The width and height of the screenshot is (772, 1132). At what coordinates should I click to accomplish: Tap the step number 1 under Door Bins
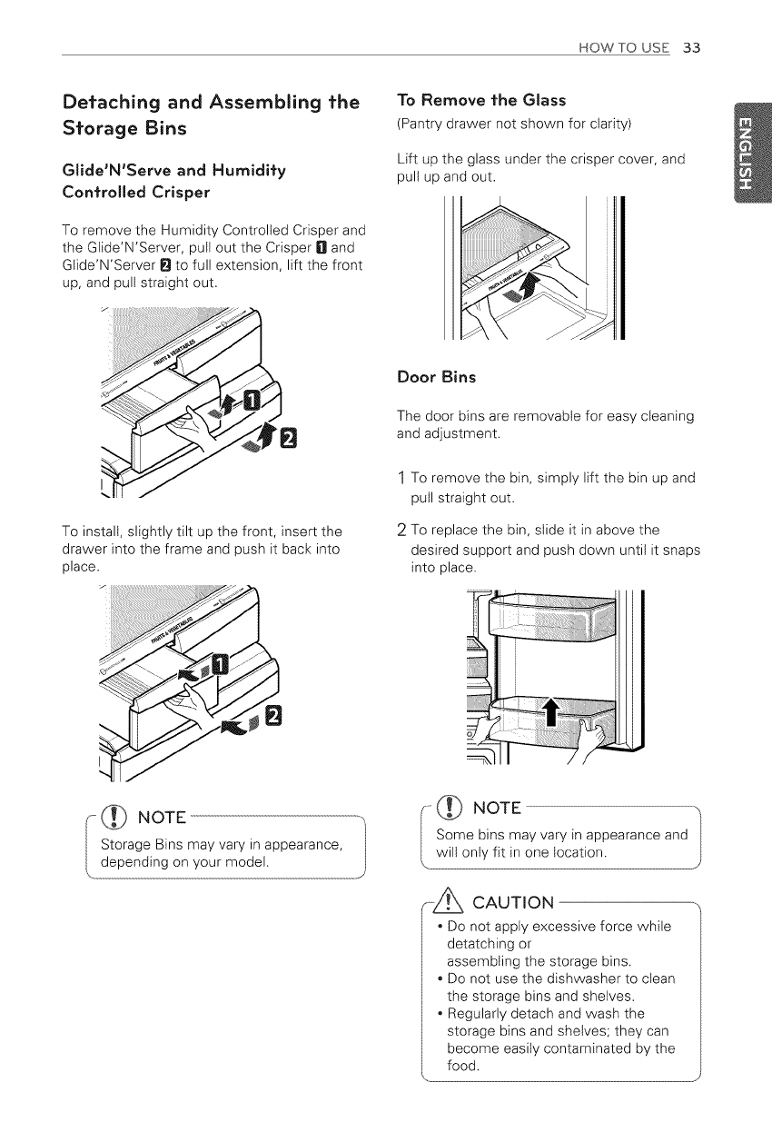[x=402, y=479]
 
